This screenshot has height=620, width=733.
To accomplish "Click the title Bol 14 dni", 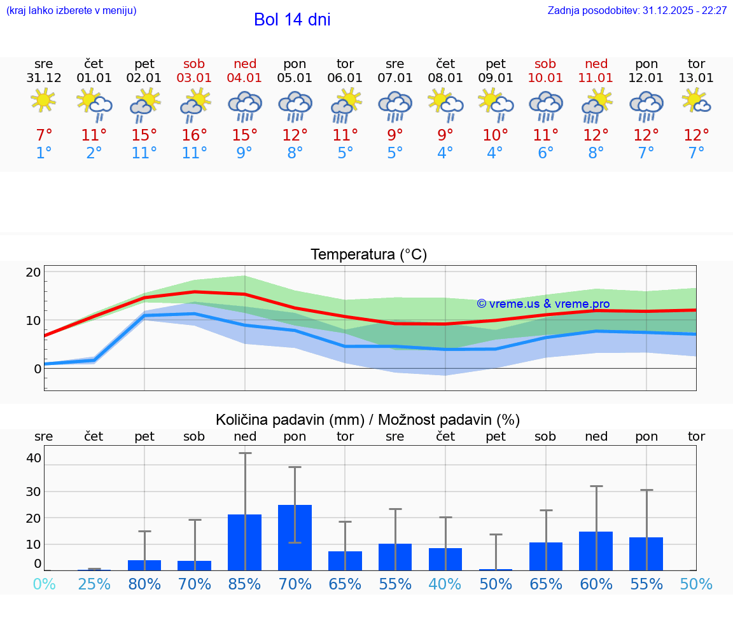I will (x=292, y=20).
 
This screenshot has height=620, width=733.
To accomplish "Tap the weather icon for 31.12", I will (x=43, y=100).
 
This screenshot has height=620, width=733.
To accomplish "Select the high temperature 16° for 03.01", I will (x=195, y=135).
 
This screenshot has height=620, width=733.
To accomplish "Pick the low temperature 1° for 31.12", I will (x=43, y=153).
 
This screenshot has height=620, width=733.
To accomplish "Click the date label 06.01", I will (x=345, y=78).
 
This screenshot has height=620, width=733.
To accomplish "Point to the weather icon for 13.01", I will (x=696, y=100).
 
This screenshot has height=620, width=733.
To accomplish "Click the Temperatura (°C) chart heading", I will (x=368, y=255).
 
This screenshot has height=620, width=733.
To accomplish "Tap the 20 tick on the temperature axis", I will (x=33, y=272).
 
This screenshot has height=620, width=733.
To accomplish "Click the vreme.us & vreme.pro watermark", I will (x=543, y=304).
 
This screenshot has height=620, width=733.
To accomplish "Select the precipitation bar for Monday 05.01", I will (x=295, y=537).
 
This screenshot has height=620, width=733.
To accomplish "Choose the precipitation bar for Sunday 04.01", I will (x=245, y=542).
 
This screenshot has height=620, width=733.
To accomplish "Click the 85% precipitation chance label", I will (x=245, y=584).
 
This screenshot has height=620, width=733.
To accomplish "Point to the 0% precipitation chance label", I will (x=43, y=584).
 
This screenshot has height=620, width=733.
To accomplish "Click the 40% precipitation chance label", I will (x=445, y=584).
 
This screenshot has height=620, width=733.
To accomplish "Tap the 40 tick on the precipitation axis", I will (x=33, y=458).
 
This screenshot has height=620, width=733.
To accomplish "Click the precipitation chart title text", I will (x=368, y=420).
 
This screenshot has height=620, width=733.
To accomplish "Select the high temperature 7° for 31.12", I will (x=43, y=135).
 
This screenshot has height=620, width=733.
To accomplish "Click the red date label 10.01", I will (x=545, y=78).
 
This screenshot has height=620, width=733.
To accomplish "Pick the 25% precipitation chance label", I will (x=94, y=584).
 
